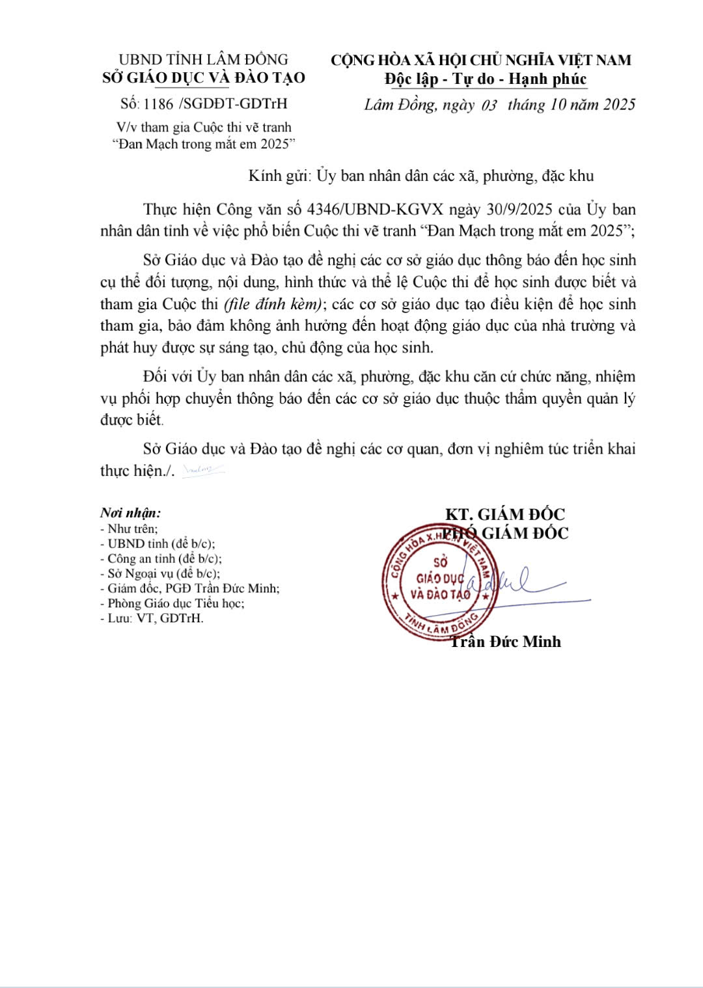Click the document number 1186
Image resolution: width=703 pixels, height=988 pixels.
(x=158, y=103)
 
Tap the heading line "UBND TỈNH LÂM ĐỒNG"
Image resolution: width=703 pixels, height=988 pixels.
(x=203, y=60)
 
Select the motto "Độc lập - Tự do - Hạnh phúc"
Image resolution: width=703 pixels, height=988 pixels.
(x=486, y=79)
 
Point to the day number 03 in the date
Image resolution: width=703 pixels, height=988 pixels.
(x=489, y=105)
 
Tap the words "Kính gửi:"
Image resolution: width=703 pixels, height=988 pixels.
(x=281, y=176)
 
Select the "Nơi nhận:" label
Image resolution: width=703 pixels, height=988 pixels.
(x=131, y=513)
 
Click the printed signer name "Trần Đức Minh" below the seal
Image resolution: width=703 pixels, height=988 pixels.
(x=506, y=642)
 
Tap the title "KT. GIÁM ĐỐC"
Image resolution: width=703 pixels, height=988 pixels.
(x=505, y=514)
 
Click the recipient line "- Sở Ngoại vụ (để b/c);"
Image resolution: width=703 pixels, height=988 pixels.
(x=160, y=573)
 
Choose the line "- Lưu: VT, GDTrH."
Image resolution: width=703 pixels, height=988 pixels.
(x=152, y=618)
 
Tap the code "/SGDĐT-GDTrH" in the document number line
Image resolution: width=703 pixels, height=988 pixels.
(x=232, y=103)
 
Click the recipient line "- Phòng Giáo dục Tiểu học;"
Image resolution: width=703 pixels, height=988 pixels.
(x=172, y=603)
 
